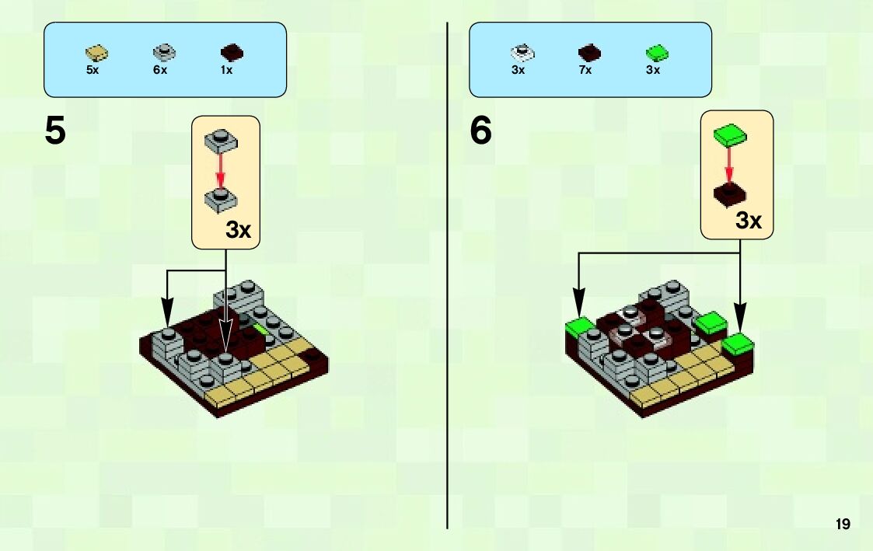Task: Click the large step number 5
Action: (x=55, y=131)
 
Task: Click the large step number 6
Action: (x=480, y=131)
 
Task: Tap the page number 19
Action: (x=843, y=525)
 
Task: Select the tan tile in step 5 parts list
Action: (x=96, y=53)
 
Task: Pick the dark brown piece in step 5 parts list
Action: (x=232, y=53)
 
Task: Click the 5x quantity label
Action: (x=93, y=70)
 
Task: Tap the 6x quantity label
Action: (x=160, y=70)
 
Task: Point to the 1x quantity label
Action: (x=227, y=70)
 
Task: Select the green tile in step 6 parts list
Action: (x=658, y=53)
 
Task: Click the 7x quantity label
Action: (x=585, y=70)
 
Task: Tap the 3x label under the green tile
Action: (x=653, y=70)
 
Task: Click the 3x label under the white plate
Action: (x=519, y=70)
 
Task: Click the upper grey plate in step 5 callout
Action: (x=220, y=140)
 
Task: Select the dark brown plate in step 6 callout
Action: (x=730, y=194)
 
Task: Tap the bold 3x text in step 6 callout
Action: (x=749, y=221)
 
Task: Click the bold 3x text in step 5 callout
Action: (x=239, y=230)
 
